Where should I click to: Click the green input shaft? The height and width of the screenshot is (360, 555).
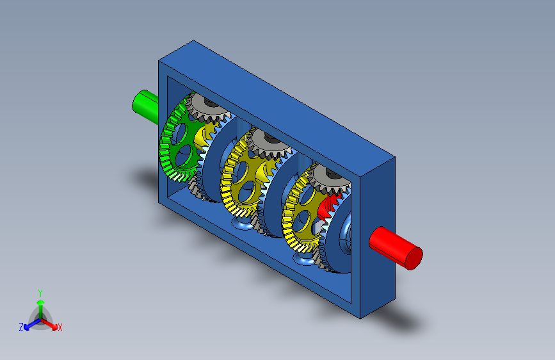pyautogui.click(x=145, y=106)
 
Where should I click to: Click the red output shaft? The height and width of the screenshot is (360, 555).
pyautogui.click(x=396, y=248)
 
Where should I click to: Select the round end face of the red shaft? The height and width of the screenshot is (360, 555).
pyautogui.click(x=414, y=258)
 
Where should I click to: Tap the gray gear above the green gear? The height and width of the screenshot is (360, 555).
pyautogui.click(x=208, y=107)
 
